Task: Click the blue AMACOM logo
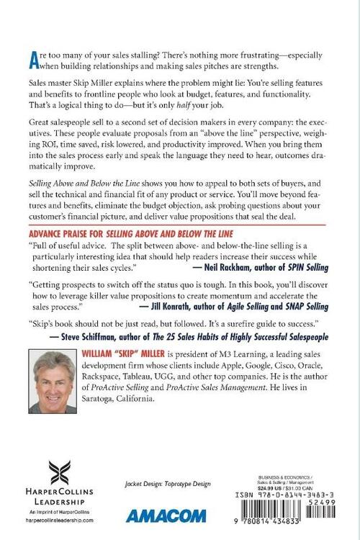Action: click(x=163, y=515)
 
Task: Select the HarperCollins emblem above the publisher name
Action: click(x=60, y=474)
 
